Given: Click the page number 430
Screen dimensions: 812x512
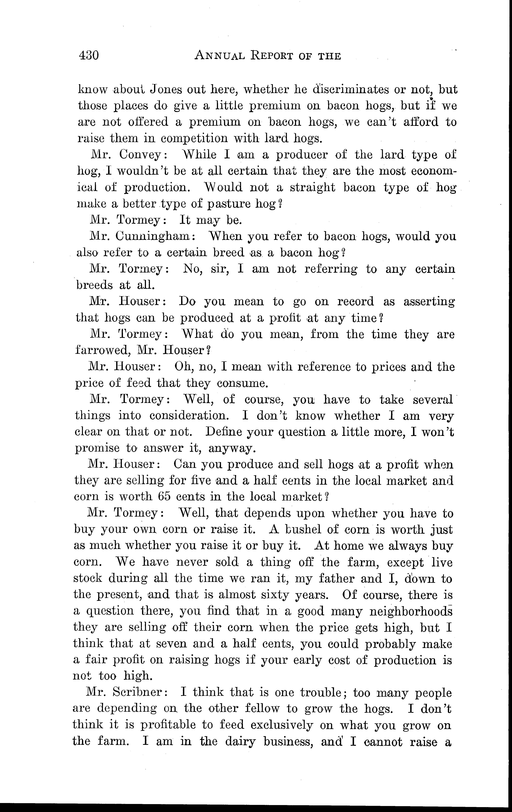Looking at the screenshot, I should (89, 55).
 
